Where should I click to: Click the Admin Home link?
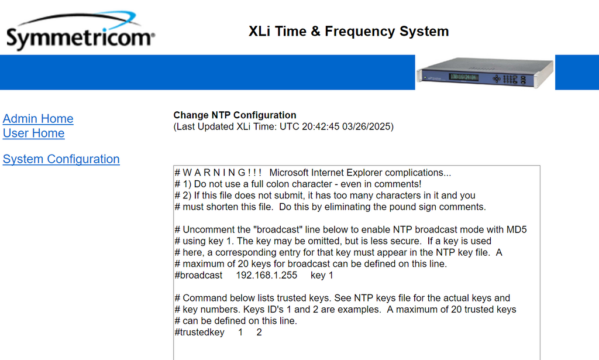[x=38, y=118]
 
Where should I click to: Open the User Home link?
[x=33, y=133]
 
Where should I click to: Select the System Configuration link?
[x=61, y=159]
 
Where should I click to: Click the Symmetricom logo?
[x=81, y=30]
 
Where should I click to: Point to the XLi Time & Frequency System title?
[x=349, y=31]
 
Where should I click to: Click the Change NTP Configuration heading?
[x=235, y=115]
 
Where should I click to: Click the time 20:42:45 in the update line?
[x=321, y=126]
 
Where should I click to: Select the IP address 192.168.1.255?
[x=266, y=275]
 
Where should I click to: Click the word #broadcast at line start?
[x=198, y=275]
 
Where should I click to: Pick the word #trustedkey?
[x=199, y=332]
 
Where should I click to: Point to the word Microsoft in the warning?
[x=289, y=173]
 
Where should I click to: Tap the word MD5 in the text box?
[x=517, y=229]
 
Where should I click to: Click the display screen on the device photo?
[x=463, y=77]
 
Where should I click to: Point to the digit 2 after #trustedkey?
[x=259, y=332]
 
